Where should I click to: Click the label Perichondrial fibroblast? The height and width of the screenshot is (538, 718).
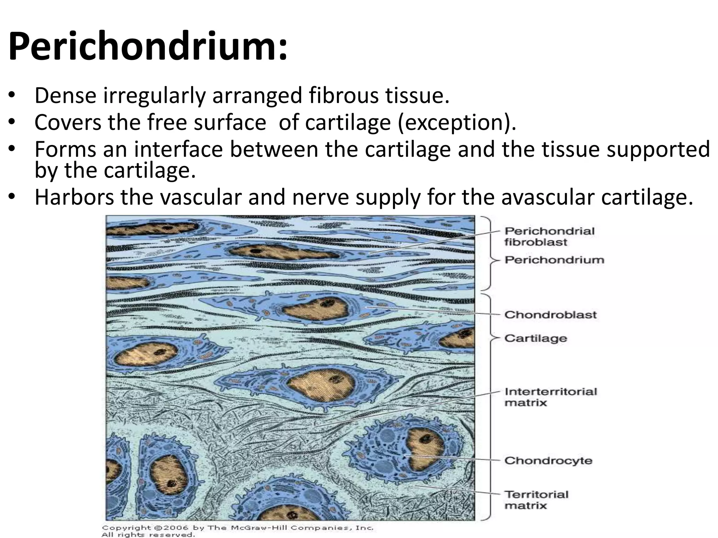[x=549, y=236]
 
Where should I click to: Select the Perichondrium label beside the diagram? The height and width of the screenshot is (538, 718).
[x=554, y=260]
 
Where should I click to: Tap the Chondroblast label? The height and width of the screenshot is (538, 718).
[x=550, y=315]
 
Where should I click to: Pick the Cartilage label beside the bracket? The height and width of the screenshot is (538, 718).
[x=535, y=338]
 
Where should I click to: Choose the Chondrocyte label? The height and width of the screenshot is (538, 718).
[x=548, y=460]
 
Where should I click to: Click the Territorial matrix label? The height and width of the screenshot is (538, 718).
[x=536, y=500]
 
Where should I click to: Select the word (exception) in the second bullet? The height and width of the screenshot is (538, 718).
[x=456, y=122]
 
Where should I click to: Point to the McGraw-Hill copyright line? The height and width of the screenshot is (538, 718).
[x=237, y=527]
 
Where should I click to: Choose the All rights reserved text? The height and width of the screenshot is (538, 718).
[x=148, y=534]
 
